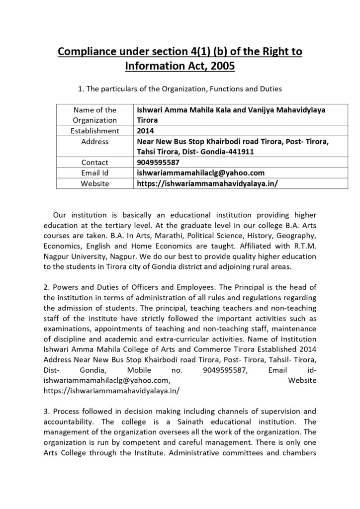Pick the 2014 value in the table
(145, 131)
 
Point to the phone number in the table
(158, 162)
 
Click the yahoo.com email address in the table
(200, 172)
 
